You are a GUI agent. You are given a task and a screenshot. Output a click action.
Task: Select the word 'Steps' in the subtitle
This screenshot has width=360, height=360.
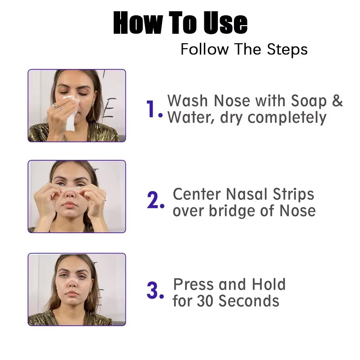tap(287, 49)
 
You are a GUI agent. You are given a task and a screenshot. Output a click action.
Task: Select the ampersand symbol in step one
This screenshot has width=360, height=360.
tap(337, 101)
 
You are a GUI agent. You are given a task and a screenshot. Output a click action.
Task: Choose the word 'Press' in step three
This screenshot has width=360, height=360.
tap(193, 284)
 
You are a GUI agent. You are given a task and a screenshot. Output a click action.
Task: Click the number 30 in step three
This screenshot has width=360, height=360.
tap(205, 301)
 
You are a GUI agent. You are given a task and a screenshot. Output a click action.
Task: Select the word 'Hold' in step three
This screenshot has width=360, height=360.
tap(269, 284)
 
